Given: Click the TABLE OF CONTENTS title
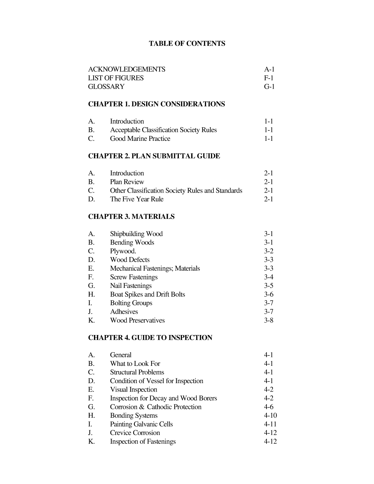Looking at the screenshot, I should [187, 43].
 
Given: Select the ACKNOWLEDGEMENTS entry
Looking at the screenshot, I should [127, 69].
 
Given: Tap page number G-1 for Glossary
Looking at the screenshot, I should [269, 86].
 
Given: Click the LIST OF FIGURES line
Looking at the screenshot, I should [116, 78].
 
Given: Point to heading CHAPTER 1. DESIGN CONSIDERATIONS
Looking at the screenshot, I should [157, 104].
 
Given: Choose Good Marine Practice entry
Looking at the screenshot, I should [140, 139].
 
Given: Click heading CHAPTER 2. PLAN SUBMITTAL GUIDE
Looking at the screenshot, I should [154, 156].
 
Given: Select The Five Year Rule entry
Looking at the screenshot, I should [137, 199].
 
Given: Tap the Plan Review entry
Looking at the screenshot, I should [127, 182].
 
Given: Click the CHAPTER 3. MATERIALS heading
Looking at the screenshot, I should [131, 217].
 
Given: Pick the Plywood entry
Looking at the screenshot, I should [123, 251].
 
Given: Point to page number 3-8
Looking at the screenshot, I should [269, 320].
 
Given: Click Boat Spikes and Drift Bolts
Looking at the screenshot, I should [147, 294].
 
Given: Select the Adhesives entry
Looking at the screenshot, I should [124, 312].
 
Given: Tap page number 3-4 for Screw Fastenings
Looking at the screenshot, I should [269, 277].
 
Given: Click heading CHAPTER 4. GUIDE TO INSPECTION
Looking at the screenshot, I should [150, 338].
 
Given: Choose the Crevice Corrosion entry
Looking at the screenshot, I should [135, 433].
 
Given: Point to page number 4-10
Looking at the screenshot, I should [270, 415].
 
